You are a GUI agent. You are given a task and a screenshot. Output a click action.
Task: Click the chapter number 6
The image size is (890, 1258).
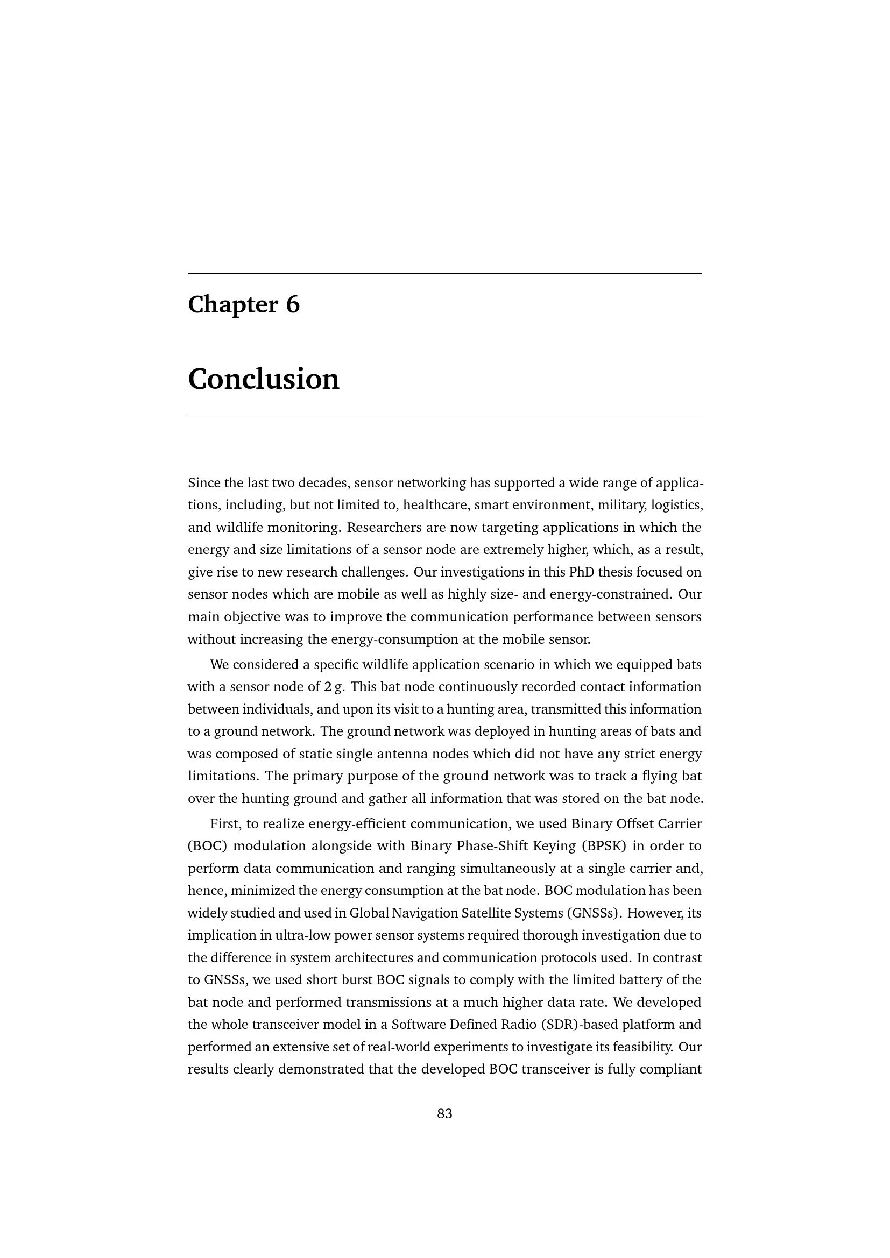point(293,304)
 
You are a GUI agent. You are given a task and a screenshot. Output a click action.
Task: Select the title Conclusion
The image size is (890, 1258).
point(264,379)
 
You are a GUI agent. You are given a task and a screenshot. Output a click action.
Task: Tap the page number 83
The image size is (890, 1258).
point(444,1113)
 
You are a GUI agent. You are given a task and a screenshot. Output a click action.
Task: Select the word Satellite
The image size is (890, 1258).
point(480,913)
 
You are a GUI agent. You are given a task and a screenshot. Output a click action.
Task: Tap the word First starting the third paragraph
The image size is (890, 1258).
point(225,823)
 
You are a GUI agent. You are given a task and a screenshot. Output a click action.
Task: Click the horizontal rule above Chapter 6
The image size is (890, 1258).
point(444,273)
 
